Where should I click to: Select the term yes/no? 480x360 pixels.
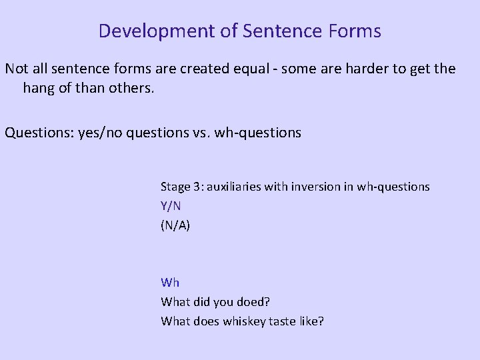(95, 133)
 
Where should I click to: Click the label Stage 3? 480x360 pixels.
(182, 187)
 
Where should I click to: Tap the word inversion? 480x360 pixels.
(313, 187)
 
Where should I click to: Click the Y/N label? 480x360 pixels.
(171, 207)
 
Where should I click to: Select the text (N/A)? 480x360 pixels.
(175, 226)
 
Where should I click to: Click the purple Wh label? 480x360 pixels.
(170, 283)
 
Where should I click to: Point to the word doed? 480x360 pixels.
(256, 302)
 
